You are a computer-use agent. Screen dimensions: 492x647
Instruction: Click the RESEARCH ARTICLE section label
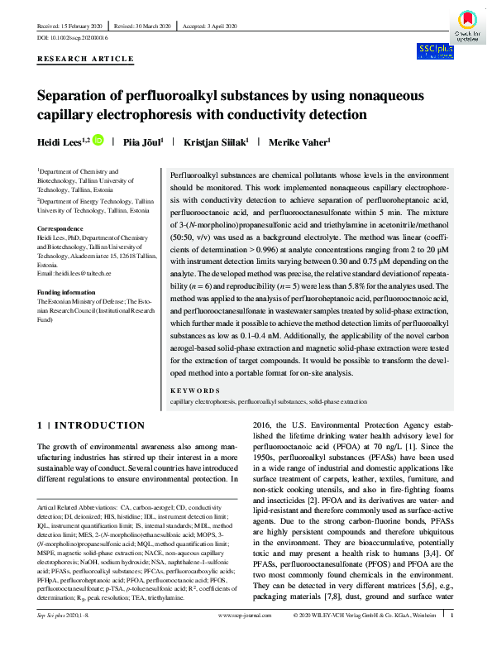(x=85, y=59)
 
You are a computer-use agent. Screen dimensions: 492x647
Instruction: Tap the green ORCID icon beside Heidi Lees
(x=98, y=141)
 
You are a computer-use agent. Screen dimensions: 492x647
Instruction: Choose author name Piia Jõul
(x=142, y=141)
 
